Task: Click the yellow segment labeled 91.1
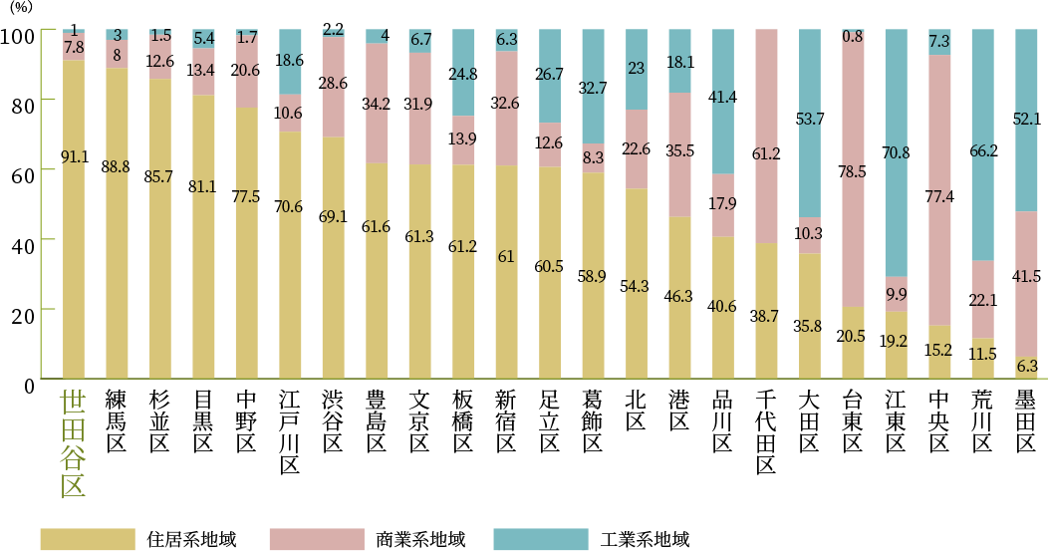click(x=73, y=219)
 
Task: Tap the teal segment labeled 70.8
click(x=896, y=152)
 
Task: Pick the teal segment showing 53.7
click(x=810, y=123)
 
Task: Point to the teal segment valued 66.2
click(x=982, y=144)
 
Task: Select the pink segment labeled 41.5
click(x=1026, y=284)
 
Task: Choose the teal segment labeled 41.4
click(x=723, y=102)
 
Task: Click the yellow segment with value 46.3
click(x=679, y=297)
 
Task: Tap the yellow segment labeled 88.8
click(x=117, y=223)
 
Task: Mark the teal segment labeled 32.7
click(x=593, y=86)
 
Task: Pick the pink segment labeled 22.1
click(x=982, y=299)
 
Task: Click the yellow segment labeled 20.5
click(x=853, y=342)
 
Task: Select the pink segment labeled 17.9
click(x=723, y=205)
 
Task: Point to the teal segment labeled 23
click(x=637, y=69)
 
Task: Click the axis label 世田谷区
click(x=73, y=443)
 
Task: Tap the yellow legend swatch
click(x=88, y=539)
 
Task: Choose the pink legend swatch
click(x=317, y=539)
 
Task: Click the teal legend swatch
click(x=541, y=539)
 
